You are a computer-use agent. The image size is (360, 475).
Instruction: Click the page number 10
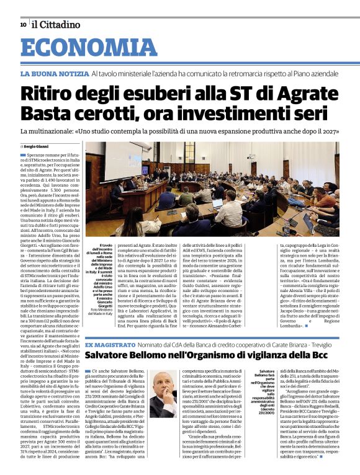click(x=23, y=25)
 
